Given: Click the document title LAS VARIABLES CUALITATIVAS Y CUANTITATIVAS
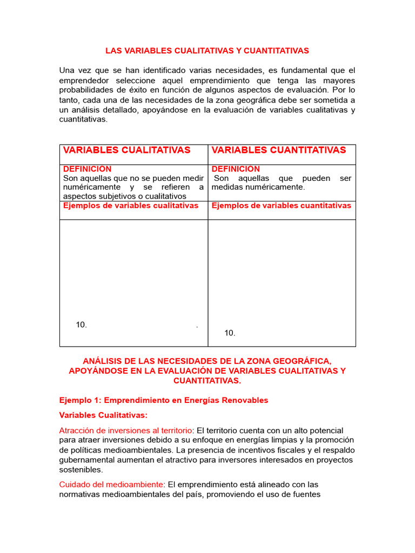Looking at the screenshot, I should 207,51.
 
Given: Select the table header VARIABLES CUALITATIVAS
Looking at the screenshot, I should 126,150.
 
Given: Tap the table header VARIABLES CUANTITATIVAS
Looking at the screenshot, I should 278,150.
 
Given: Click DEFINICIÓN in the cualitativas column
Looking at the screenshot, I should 87,169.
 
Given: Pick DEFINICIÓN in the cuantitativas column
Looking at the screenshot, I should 236,169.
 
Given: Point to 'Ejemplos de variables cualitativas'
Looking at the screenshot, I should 131,206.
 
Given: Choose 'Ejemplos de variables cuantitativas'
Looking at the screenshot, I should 281,206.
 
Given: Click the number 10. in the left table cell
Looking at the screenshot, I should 82,325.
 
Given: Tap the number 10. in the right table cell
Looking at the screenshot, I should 230,333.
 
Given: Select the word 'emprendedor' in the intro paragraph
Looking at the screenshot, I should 83,80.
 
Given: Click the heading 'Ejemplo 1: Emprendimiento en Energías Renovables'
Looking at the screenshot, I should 163,400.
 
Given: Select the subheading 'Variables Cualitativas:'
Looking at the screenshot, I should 103,415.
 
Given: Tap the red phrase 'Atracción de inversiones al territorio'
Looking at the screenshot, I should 125,430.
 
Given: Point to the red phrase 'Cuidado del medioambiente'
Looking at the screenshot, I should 111,484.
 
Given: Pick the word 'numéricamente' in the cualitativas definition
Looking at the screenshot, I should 90,187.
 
